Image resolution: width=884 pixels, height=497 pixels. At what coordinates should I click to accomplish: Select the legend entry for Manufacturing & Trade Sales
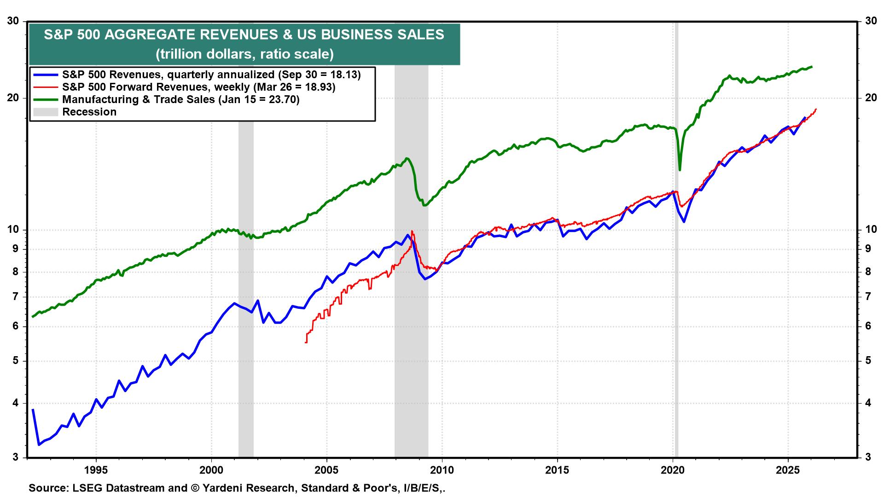coord(180,99)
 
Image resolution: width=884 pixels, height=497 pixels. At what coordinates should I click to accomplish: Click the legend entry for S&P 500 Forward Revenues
coord(198,87)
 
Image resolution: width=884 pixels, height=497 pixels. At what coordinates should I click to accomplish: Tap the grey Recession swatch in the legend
coord(46,112)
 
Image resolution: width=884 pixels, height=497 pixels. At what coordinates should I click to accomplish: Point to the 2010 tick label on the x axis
coord(442,471)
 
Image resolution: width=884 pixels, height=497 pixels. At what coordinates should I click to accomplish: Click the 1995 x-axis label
coord(96,471)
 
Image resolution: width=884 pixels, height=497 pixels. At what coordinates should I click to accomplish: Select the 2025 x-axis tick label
coord(788,471)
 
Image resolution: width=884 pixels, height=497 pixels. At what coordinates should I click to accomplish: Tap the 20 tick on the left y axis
coord(14,98)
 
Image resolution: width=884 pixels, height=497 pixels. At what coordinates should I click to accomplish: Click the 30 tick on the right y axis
coord(870,21)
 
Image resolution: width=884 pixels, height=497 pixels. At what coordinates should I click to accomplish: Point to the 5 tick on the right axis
coord(868,361)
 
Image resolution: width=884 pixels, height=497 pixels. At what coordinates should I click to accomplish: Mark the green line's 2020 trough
coord(680,170)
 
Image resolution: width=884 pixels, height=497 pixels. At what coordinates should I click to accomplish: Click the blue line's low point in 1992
coord(39,445)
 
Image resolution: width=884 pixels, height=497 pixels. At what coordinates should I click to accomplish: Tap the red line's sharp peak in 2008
coord(412,231)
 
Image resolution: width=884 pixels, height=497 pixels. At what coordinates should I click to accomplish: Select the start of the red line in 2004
coord(306,342)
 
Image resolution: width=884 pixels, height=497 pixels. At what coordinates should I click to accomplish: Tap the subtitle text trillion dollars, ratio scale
coord(244,54)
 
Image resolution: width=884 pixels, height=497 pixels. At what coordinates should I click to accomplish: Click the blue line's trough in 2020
coord(684,222)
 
